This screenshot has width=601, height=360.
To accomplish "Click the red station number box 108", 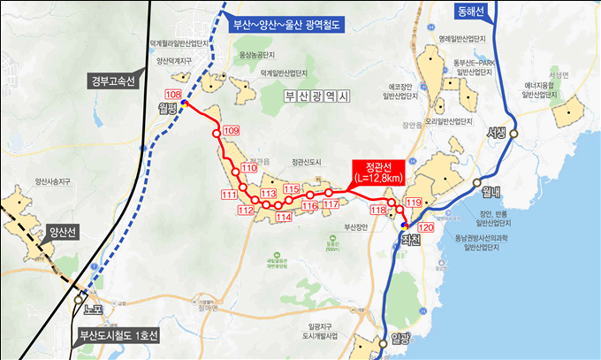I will click(173, 95).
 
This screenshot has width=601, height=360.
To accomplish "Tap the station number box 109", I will click(232, 131).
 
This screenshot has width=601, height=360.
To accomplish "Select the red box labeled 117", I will click(331, 204).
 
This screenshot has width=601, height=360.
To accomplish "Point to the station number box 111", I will click(230, 195).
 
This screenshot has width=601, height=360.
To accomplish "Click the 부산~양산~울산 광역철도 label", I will click(285, 26).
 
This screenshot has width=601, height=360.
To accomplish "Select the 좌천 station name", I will click(409, 239).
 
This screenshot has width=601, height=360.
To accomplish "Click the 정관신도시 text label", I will click(308, 161).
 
